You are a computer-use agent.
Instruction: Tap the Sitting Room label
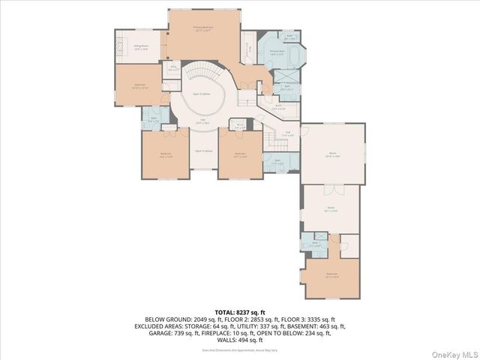pos(140,46)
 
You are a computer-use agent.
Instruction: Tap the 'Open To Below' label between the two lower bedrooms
pos(202,151)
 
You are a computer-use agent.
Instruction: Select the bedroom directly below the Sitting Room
pos(139,85)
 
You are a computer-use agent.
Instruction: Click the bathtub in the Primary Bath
pos(291,57)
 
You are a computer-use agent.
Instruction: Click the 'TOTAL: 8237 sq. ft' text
pos(240,312)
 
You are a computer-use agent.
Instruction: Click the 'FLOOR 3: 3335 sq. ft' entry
pos(309,319)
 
